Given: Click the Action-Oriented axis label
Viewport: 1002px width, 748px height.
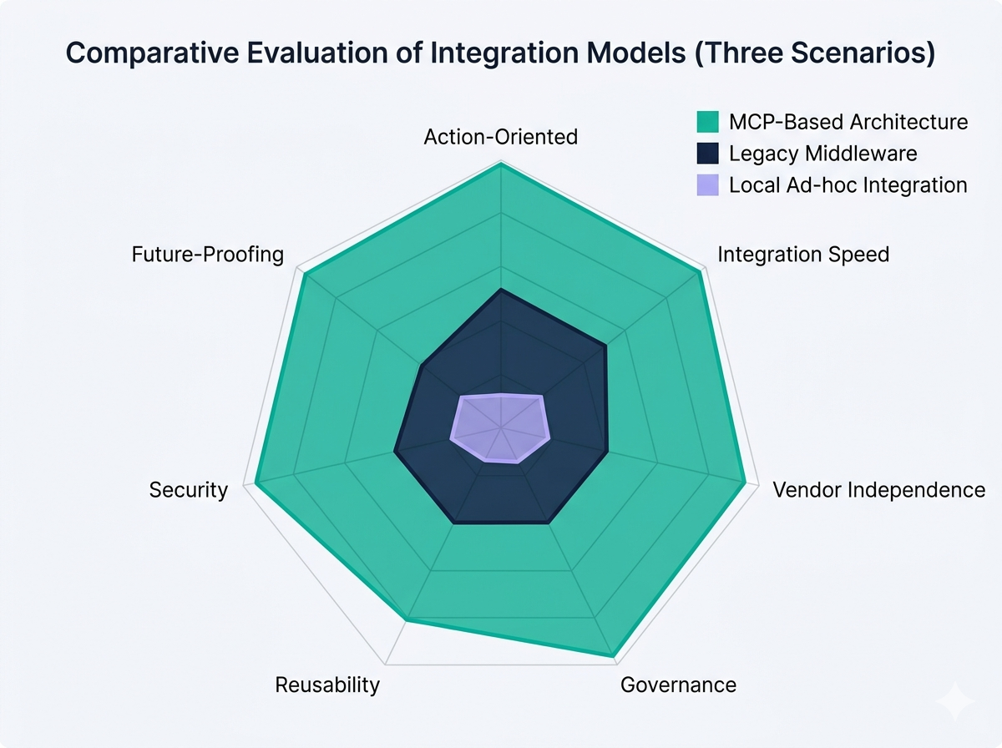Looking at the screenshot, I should [x=500, y=137].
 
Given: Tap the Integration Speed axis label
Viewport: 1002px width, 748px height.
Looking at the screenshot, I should [x=803, y=254].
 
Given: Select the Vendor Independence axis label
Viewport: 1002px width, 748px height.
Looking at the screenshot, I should [x=878, y=489].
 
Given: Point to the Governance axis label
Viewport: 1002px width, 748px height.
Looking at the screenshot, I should [x=678, y=685].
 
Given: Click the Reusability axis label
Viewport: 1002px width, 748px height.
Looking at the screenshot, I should [x=327, y=685].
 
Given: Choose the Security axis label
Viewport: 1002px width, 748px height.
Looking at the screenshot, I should [x=188, y=490].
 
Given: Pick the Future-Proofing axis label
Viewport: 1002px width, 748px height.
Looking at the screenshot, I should [x=208, y=254].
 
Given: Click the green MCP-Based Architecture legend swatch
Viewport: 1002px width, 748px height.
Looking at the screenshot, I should [x=707, y=122].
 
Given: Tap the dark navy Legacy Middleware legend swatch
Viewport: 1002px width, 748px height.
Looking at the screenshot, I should [x=707, y=154].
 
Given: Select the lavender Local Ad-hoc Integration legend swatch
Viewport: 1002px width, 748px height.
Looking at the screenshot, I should [x=707, y=184].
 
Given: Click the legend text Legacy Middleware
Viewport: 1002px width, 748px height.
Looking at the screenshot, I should [x=822, y=154].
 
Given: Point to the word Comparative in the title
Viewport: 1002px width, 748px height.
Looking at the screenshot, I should [x=146, y=53].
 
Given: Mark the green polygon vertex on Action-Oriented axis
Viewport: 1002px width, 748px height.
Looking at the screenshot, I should [x=500, y=164].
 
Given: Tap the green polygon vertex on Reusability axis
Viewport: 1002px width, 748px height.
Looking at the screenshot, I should [x=407, y=619].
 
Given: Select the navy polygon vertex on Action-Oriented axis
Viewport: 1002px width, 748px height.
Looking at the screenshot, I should [x=500, y=290].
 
